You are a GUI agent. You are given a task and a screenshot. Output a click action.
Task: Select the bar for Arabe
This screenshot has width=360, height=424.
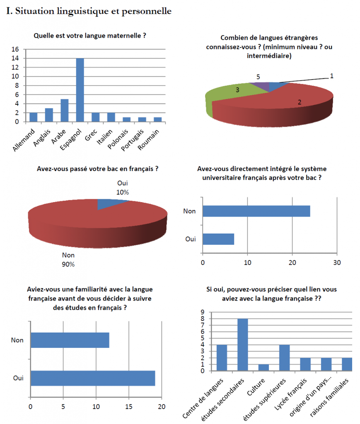pyautogui.click(x=64, y=110)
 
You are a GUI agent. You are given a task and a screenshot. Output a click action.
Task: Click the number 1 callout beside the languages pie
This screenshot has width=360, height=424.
pyautogui.click(x=331, y=76)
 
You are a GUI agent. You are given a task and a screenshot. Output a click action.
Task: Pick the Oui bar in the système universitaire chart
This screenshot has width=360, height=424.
pyautogui.click(x=218, y=239)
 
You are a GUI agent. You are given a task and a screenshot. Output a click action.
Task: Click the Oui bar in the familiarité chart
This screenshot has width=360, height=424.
pyautogui.click(x=93, y=378)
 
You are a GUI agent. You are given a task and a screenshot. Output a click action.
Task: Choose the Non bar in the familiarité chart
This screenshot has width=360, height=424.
pyautogui.click(x=70, y=340)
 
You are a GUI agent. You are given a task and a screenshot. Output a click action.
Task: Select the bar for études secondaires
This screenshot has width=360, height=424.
pyautogui.click(x=243, y=344)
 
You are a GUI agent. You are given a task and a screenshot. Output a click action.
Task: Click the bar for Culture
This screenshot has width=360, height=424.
pyautogui.click(x=263, y=368)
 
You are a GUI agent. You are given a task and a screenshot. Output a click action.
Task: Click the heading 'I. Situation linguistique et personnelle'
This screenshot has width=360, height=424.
pyautogui.click(x=89, y=12)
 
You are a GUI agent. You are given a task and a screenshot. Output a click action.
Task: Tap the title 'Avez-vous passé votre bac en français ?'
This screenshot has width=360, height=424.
pyautogui.click(x=98, y=169)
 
